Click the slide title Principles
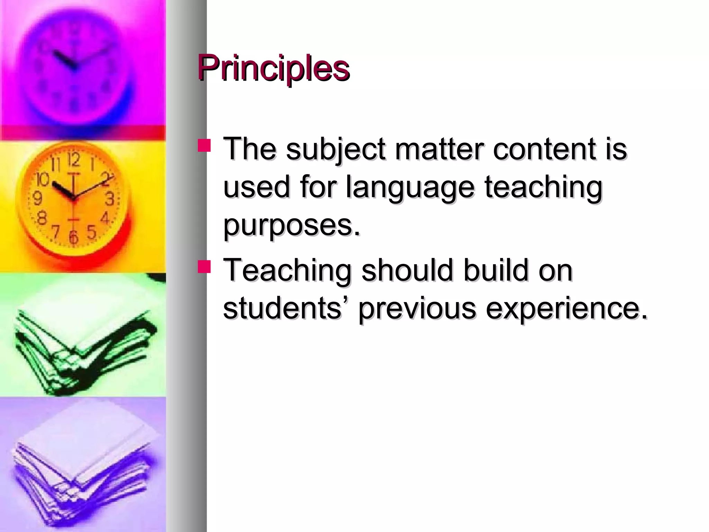point(273,68)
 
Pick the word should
point(407,271)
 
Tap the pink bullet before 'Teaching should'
point(204,267)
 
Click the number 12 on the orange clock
point(74,160)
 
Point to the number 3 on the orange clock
point(110,199)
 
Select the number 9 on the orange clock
point(37,198)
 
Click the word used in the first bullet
point(256,187)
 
